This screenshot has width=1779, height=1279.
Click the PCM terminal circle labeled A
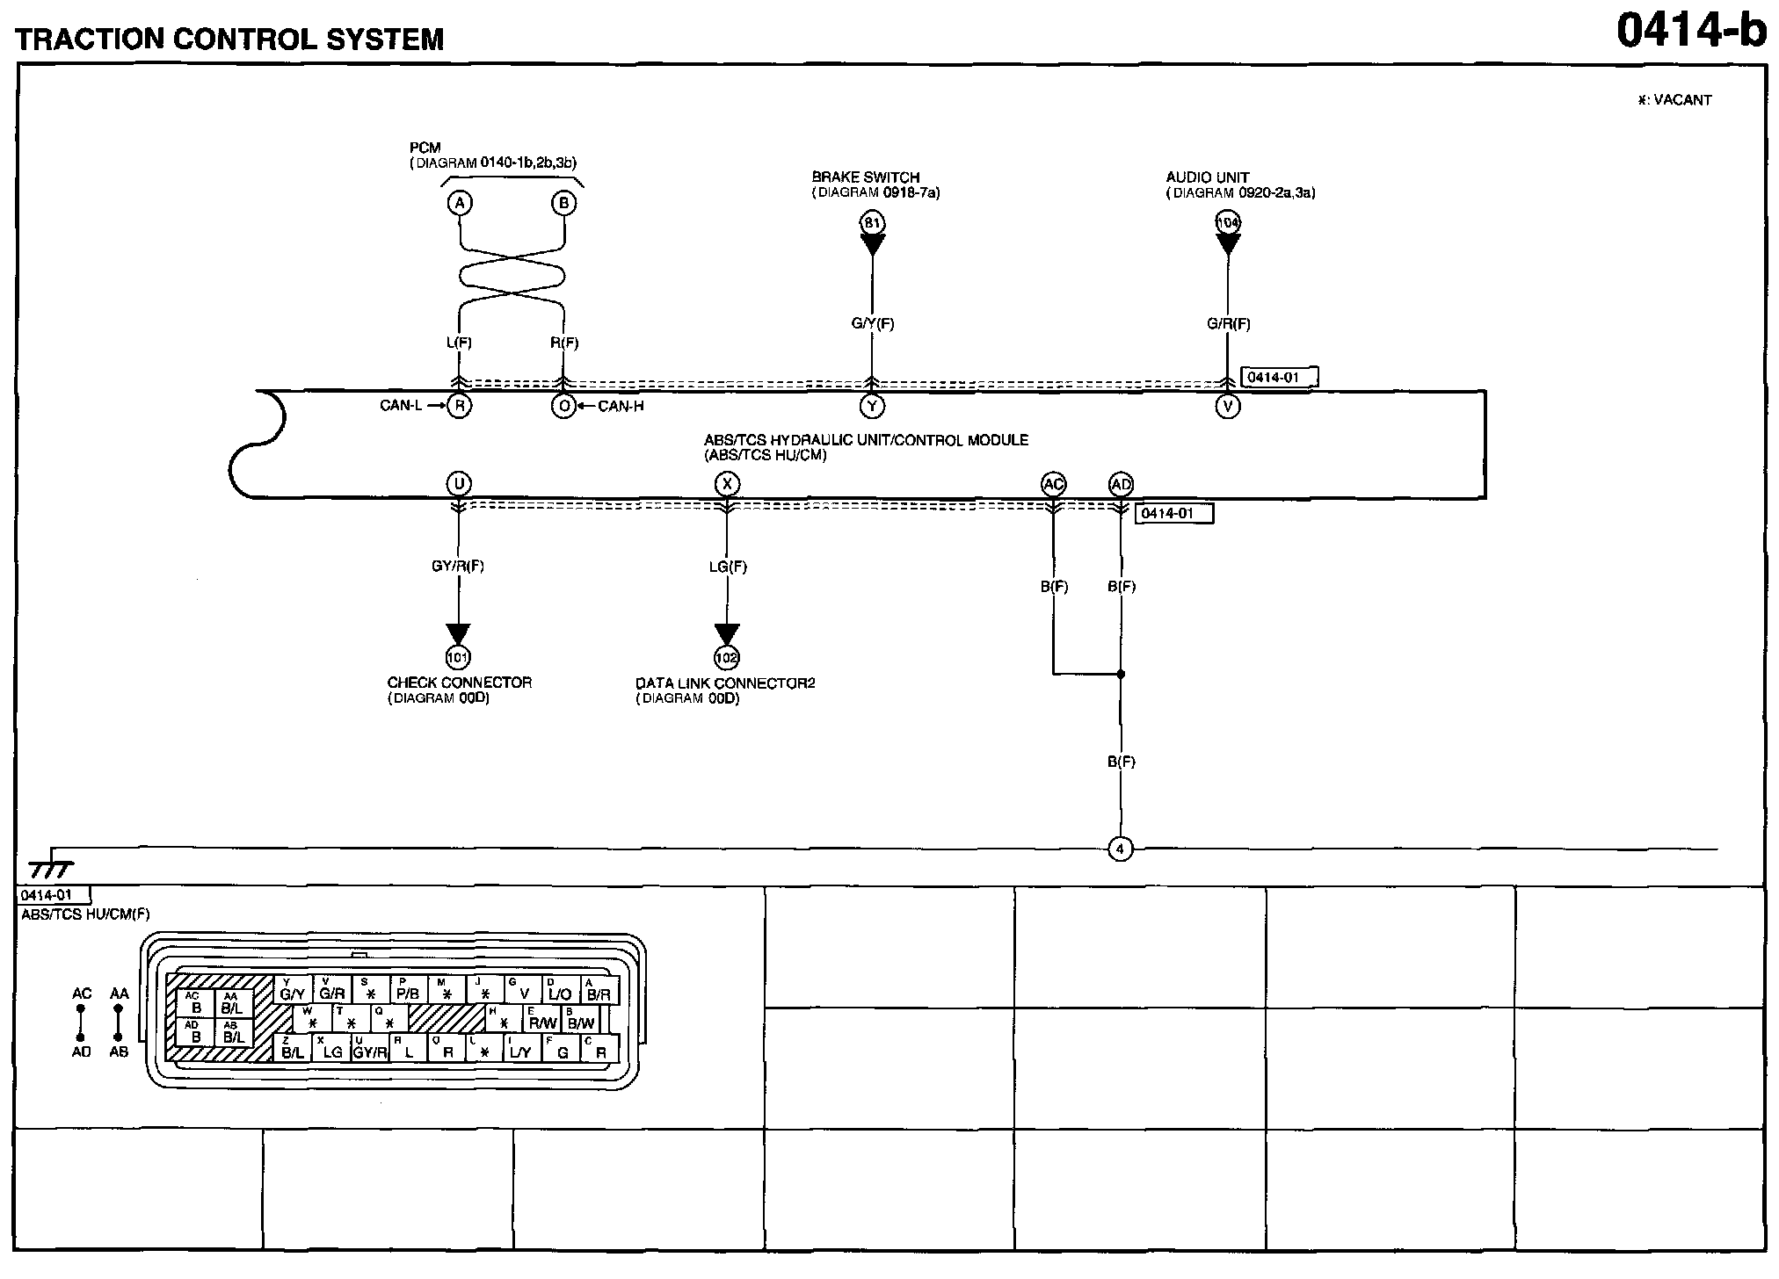(459, 204)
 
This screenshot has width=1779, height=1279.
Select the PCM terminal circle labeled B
(563, 204)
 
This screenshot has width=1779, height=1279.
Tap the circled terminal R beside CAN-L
(459, 406)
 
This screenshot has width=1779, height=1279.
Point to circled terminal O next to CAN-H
(563, 406)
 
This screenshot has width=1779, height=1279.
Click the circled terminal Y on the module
(872, 406)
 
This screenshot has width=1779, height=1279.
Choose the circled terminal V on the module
(1227, 406)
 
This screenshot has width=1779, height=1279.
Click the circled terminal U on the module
(458, 484)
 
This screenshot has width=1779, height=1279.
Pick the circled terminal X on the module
(726, 484)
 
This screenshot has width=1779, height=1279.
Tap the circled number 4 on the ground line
(1120, 849)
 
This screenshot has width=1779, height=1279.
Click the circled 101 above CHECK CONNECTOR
(458, 657)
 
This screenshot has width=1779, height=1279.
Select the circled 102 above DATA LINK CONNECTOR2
(726, 657)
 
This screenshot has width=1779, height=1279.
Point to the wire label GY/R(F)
(458, 567)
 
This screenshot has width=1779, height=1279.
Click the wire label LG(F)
(728, 567)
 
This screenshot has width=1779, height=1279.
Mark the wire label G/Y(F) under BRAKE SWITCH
(872, 323)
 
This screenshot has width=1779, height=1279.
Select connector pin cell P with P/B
(408, 990)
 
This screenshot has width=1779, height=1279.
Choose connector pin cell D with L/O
(559, 990)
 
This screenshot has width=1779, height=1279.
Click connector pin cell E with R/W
(542, 1019)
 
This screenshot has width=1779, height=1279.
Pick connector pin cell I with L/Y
(520, 1049)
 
